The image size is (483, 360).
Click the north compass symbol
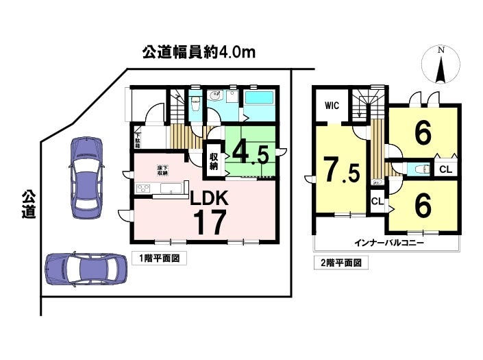coord(441,65)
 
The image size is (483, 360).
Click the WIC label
coord(332,106)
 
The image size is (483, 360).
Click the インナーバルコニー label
coord(389,243)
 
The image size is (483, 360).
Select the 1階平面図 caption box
coord(158,259)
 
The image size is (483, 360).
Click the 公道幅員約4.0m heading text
coord(199,53)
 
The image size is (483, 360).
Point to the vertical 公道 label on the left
coord(27,204)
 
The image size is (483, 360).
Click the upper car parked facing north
coord(86,176)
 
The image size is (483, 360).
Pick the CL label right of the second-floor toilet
coord(445,169)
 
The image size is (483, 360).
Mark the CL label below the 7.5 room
coord(377,202)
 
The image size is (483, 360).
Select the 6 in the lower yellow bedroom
coord(423,204)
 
